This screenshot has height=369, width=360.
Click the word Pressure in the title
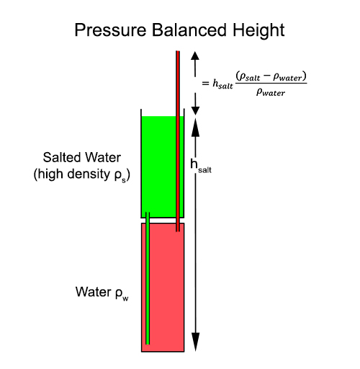point(110,30)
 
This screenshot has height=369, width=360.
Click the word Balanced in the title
point(189,30)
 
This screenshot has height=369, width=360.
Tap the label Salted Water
point(82,158)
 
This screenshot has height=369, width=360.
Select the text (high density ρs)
point(82,174)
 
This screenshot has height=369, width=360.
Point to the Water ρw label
point(102,293)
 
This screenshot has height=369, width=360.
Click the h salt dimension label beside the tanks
point(201,166)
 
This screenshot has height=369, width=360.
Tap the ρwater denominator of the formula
point(271,92)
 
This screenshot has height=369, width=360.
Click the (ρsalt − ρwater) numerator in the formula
point(271,77)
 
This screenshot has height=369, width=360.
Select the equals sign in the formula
point(205,84)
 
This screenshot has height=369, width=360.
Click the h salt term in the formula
point(222,84)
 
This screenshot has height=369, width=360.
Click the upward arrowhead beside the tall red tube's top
point(195,55)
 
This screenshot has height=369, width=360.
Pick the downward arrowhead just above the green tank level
point(195,111)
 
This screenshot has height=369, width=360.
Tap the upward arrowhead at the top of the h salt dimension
point(195,128)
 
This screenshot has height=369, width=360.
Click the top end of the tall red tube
point(178,51)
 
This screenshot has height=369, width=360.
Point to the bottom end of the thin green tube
point(148,344)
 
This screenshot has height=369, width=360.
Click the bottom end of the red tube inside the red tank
point(178,231)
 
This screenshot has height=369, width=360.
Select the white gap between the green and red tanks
point(163,221)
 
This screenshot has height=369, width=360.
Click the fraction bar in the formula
point(271,84)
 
